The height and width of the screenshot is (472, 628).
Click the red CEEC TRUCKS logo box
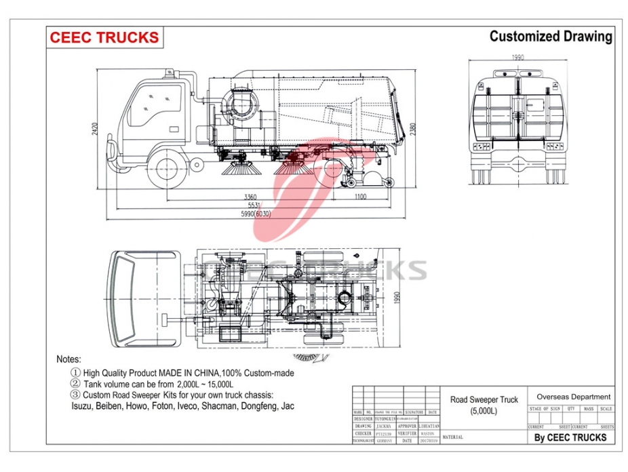[104, 38]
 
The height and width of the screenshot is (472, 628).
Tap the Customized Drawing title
[550, 37]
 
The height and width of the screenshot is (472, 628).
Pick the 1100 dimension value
[359, 197]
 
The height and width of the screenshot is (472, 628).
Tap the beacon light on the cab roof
[165, 73]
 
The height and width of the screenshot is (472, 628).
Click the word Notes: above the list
[68, 359]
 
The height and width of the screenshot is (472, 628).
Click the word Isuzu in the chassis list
[83, 406]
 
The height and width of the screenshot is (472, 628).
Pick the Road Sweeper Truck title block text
[484, 406]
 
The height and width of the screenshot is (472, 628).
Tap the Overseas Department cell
[573, 397]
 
